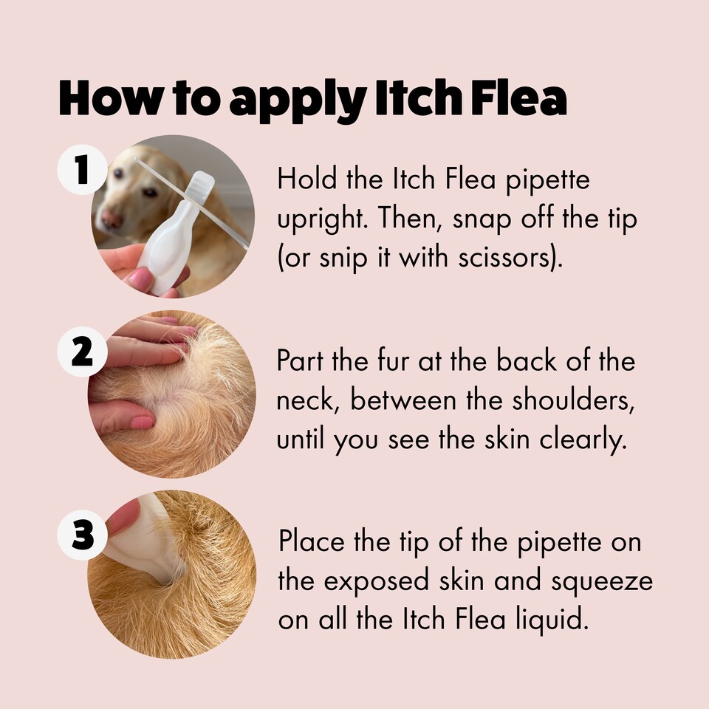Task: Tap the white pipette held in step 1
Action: coord(177,236)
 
